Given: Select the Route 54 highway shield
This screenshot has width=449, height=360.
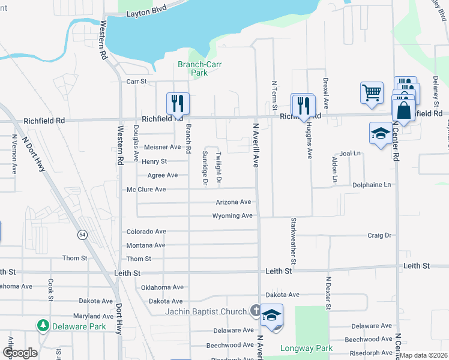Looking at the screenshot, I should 81,234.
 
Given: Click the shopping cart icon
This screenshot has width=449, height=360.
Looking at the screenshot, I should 372,93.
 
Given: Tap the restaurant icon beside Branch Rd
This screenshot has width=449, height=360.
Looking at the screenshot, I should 178,103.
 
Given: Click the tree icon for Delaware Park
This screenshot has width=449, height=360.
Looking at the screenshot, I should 43,325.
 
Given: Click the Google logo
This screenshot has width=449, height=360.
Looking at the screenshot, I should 20,352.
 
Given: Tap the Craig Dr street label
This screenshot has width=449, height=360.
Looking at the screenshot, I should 379,236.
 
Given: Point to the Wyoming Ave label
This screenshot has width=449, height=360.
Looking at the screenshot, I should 232,216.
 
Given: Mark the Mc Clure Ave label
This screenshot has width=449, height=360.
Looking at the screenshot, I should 146,190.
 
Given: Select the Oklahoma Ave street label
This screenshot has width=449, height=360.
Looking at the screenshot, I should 162,287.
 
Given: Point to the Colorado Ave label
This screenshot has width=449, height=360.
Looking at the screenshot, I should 146,232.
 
